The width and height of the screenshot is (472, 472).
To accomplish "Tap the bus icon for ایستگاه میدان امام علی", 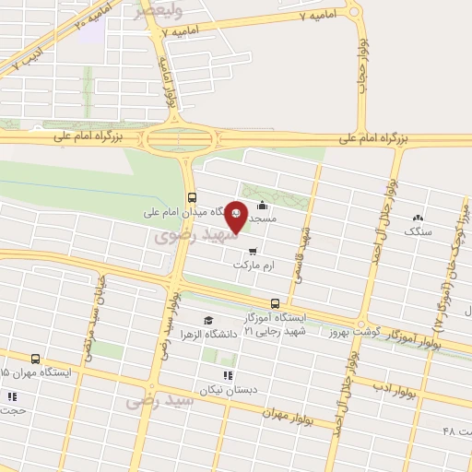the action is pos(192,196).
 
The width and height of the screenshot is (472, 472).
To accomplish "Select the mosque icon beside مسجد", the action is pos(265,206).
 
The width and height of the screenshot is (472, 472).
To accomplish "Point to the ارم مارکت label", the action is pos(254,265).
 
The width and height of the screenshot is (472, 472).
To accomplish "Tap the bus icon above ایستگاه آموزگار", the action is pos(275,303).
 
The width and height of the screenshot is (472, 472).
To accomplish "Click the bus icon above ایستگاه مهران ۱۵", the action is pos(35,359).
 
